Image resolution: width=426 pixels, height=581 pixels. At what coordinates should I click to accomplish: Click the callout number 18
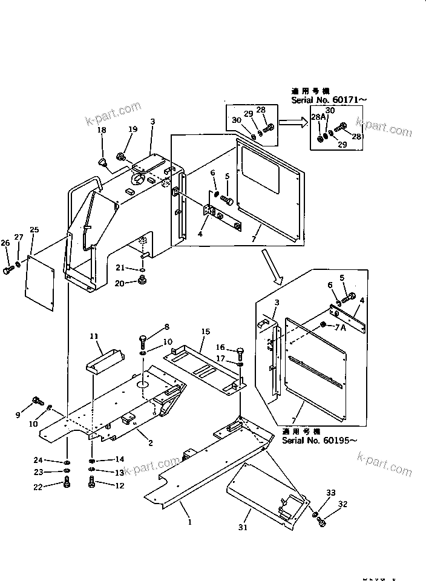point(102,130)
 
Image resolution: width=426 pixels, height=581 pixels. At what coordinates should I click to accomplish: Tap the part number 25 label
point(34,230)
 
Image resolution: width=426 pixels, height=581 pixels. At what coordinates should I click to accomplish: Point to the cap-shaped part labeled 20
point(144,281)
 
